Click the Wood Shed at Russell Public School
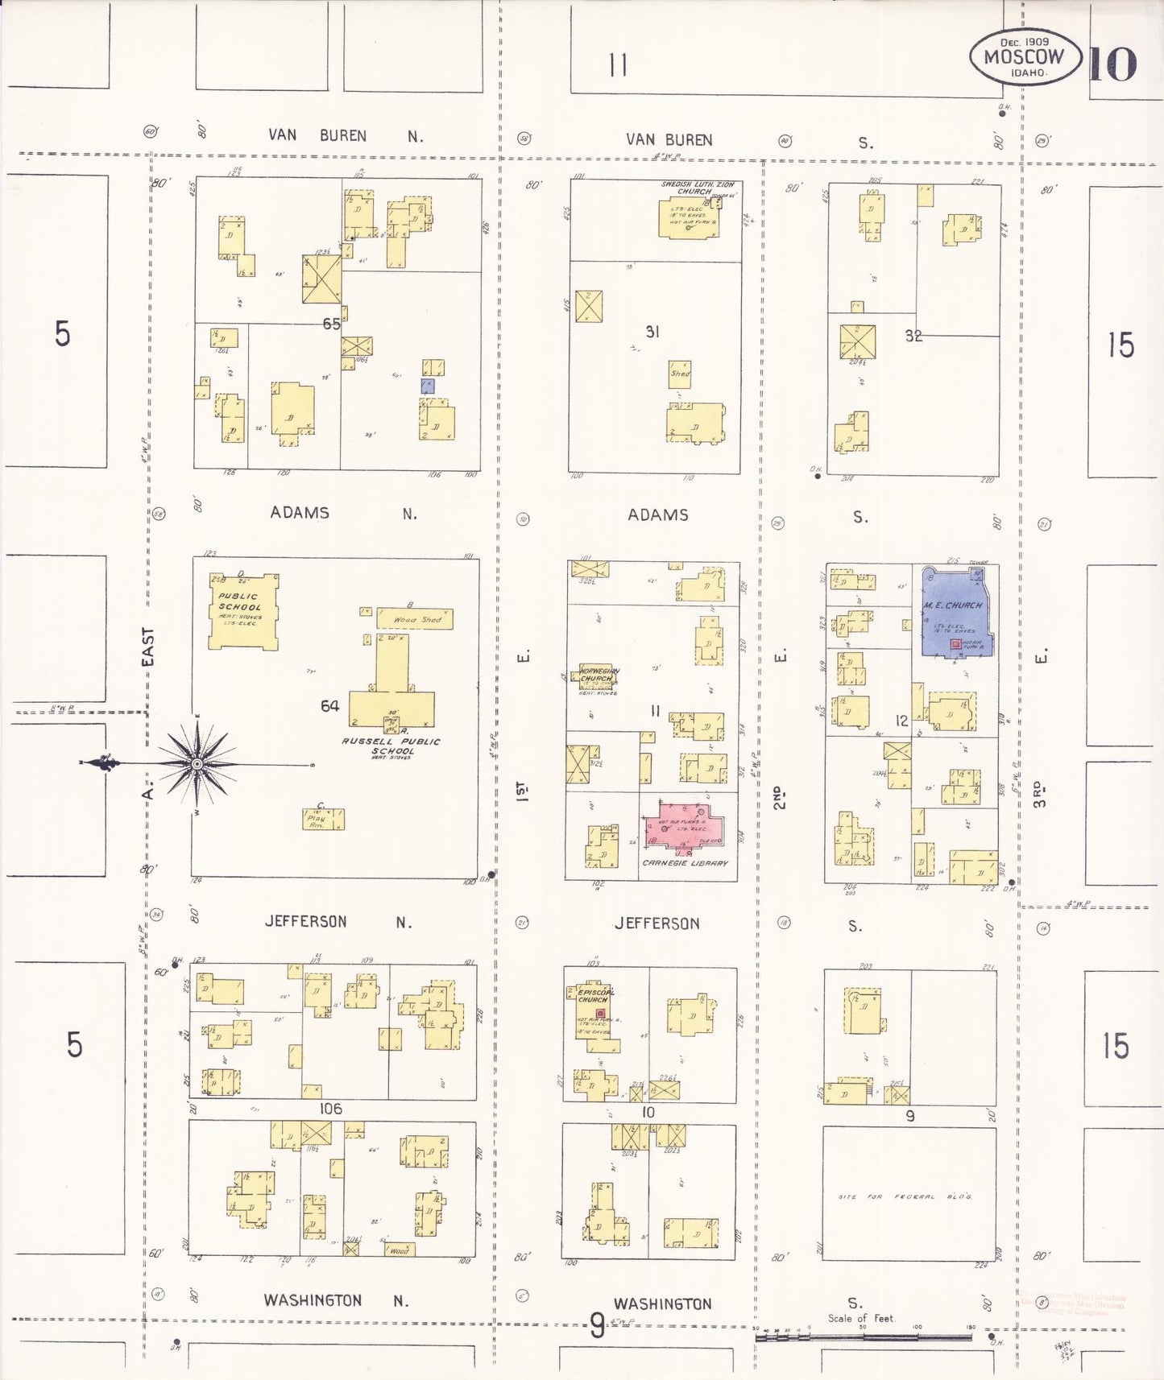tap(414, 618)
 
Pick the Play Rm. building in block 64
tap(323, 820)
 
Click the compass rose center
tap(197, 763)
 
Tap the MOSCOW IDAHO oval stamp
tap(1024, 57)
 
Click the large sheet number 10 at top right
tap(1113, 64)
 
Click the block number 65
tap(331, 324)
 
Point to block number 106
tap(330, 1109)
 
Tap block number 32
tap(913, 336)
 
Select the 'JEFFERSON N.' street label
tap(338, 921)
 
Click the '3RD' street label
tap(1040, 794)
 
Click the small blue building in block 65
tap(427, 386)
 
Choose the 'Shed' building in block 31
tap(680, 374)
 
